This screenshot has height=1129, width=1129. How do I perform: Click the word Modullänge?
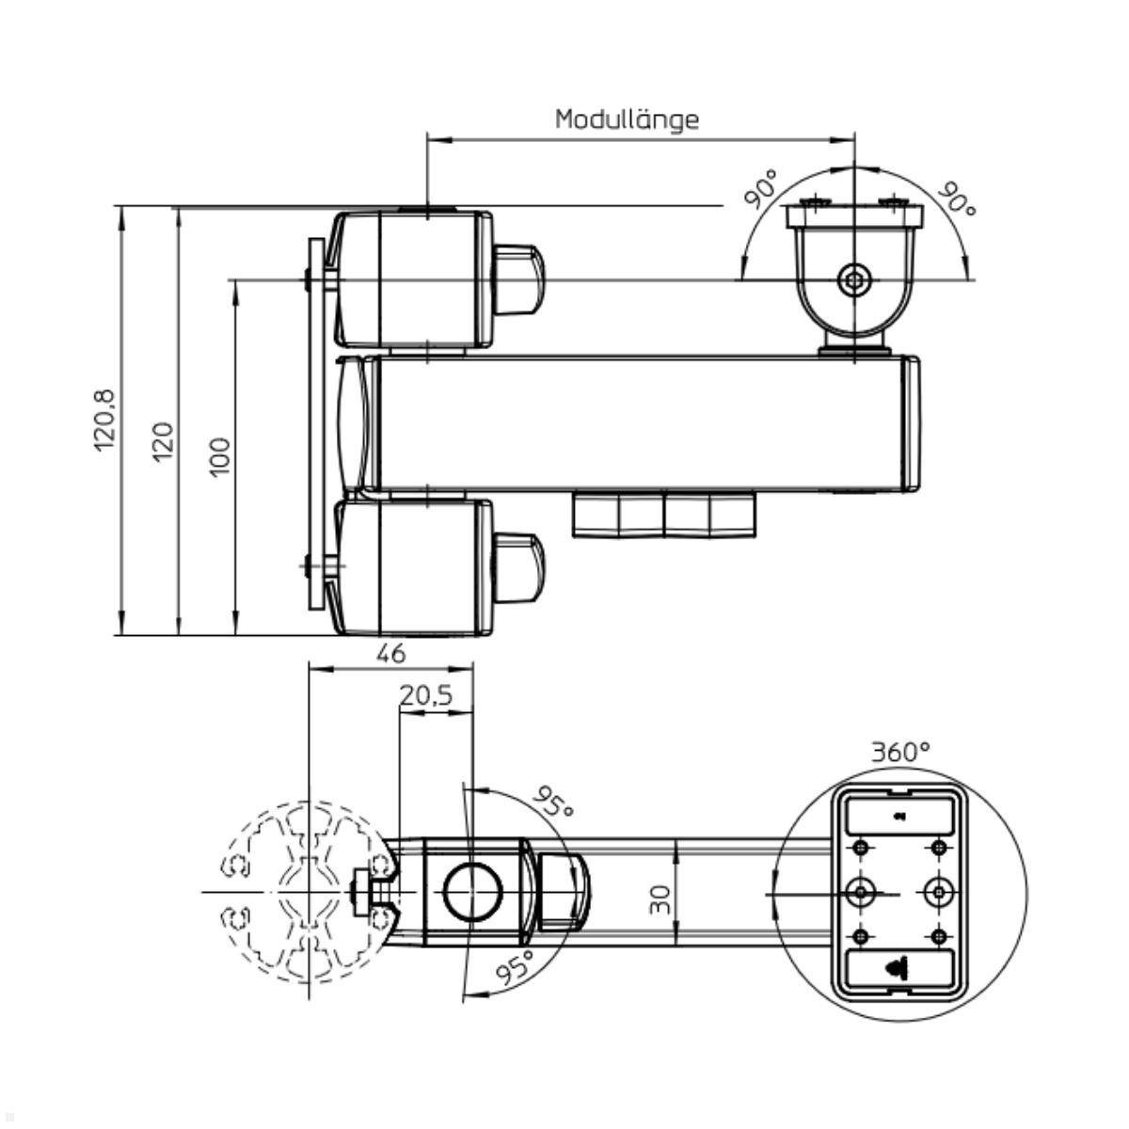coord(627,119)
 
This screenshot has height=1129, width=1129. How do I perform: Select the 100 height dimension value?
coord(219,457)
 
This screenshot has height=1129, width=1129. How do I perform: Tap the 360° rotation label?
coord(899,752)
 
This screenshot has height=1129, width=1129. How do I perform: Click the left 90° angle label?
coord(761,188)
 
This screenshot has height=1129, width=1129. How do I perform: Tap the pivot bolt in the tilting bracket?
coord(854,279)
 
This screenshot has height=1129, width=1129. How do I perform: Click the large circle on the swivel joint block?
coord(472,891)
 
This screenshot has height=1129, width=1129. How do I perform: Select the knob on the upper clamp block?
coord(517,279)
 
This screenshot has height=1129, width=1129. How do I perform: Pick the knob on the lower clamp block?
coord(517,565)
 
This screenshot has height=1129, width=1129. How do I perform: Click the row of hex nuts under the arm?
coord(664,515)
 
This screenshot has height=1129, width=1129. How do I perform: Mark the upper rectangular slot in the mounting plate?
coord(900,815)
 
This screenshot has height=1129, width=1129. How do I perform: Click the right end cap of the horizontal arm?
coord(911,423)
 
